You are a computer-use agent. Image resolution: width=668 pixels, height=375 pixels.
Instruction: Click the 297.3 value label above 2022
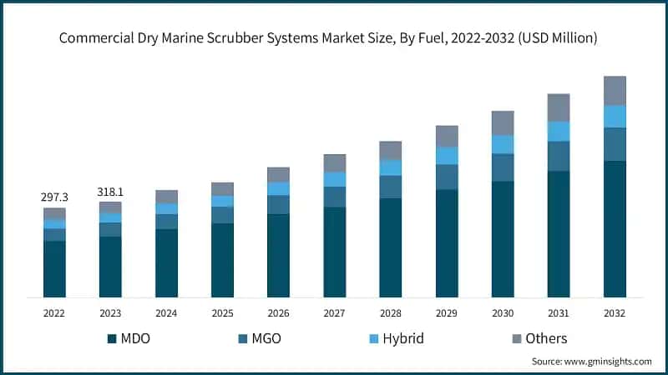point(54,197)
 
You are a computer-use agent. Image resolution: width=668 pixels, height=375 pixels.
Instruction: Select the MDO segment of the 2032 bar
point(615,228)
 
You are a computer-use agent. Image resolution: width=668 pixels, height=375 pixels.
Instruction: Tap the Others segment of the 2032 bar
point(615,90)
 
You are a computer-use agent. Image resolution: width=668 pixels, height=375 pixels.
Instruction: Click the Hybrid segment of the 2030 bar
point(503,144)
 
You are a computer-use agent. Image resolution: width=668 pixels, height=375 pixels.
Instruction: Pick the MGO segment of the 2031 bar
point(559,156)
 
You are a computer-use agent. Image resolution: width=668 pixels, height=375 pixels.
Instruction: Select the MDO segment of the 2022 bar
point(54,268)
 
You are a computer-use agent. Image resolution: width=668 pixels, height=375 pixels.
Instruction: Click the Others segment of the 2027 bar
point(335,162)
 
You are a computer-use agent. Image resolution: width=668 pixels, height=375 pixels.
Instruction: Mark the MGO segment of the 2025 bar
point(222,215)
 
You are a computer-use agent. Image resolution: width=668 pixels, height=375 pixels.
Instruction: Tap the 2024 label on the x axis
point(166,312)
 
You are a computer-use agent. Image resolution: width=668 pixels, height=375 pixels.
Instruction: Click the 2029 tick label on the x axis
point(447,312)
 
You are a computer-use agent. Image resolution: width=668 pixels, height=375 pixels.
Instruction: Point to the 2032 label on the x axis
point(615,312)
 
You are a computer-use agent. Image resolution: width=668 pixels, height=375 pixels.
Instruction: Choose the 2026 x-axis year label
point(278,312)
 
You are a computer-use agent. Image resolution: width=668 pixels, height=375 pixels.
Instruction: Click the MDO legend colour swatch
point(112,338)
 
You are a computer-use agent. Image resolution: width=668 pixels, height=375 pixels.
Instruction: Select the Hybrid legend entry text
point(403,338)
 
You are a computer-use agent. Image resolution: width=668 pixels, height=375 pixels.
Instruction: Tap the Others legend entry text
point(546,338)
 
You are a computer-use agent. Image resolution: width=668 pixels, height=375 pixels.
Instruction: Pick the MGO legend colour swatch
point(243,338)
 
